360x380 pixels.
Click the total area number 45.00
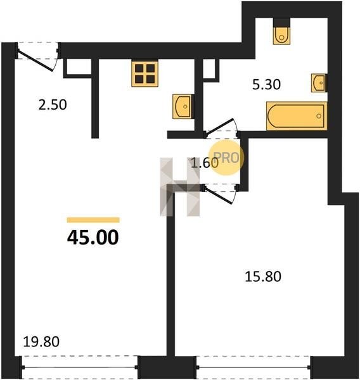tap(93, 237)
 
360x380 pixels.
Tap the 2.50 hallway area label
tap(53, 105)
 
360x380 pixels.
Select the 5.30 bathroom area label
tap(266, 85)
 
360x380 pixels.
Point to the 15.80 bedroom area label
tap(263, 277)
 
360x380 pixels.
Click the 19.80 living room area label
tap(41, 342)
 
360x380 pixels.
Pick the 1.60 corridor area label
tap(205, 163)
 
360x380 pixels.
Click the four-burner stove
tap(145, 73)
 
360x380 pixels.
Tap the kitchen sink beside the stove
tap(183, 106)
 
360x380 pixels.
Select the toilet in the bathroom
tap(281, 32)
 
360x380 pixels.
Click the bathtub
tap(297, 116)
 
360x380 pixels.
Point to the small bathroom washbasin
tap(319, 83)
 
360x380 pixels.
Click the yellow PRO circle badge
tap(226, 158)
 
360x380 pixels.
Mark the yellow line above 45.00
tap(93, 220)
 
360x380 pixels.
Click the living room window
tap(79, 367)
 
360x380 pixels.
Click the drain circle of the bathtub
tap(319, 116)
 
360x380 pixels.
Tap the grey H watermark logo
tap(180, 187)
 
